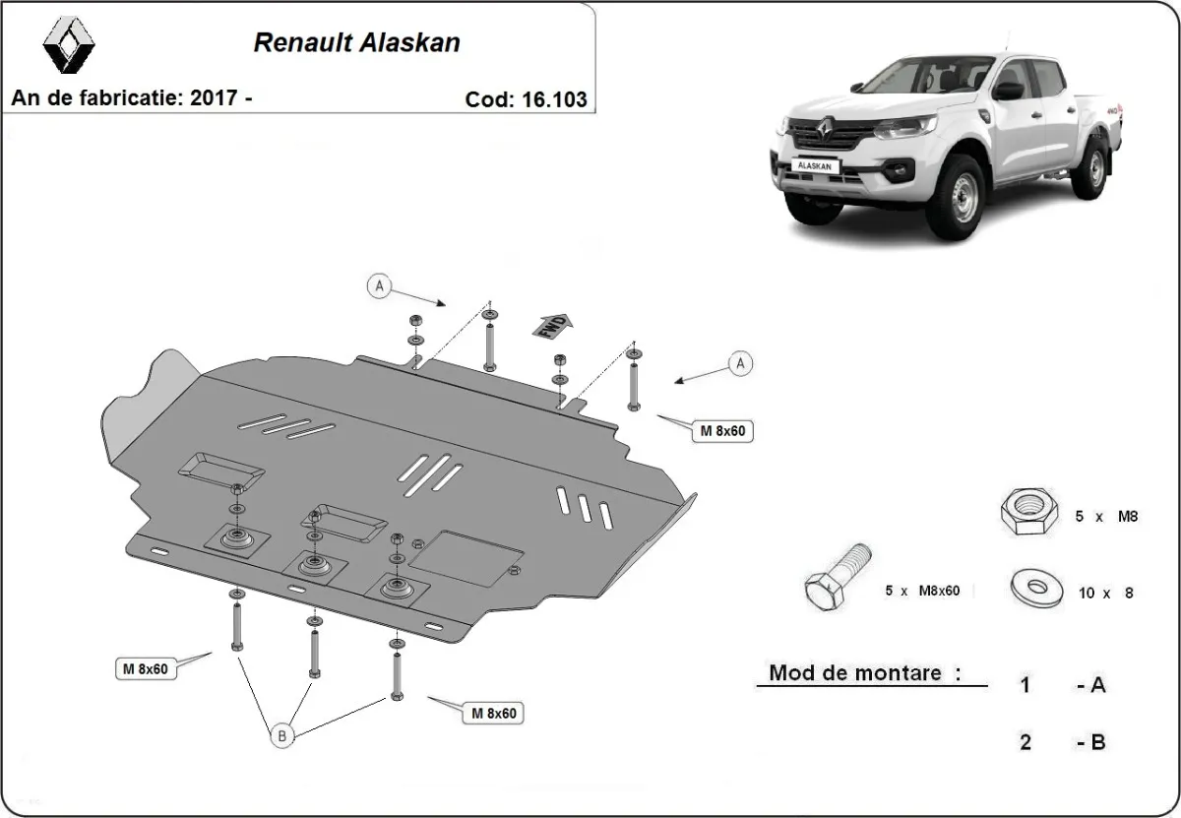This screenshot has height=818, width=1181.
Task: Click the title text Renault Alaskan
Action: pyautogui.click(x=356, y=43)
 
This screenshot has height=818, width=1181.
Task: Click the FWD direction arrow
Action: pyautogui.click(x=553, y=325)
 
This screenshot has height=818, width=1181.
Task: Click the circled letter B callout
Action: pyautogui.click(x=280, y=733)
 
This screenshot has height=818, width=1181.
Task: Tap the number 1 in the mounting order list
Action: pyautogui.click(x=1026, y=685)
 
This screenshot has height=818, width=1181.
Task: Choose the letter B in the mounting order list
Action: pyautogui.click(x=1097, y=742)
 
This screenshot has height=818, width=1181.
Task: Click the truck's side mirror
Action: pyautogui.click(x=1008, y=92)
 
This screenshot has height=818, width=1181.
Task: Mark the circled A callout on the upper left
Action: pyautogui.click(x=379, y=287)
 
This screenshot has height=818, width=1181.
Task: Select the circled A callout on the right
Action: pyautogui.click(x=740, y=364)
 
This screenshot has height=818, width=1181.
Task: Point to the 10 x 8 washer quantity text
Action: pyautogui.click(x=1105, y=593)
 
